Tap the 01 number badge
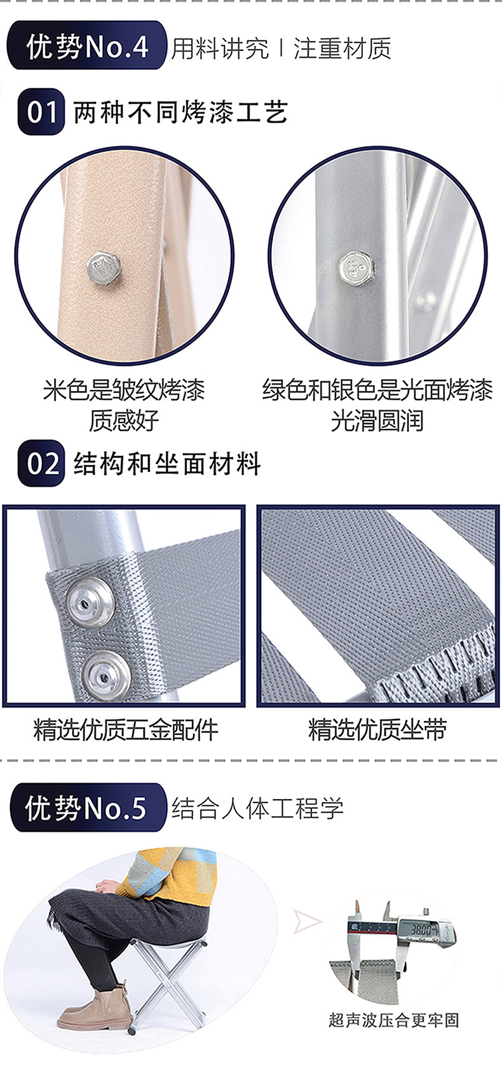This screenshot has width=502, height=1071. point(41,111)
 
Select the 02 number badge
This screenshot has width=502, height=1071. point(41,463)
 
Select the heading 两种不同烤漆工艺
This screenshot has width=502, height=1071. point(180,112)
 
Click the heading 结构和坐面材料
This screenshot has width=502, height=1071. point(167,464)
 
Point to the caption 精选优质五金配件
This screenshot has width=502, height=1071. point(126,729)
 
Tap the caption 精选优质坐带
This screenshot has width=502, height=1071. point(377,729)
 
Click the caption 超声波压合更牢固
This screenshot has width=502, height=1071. point(394,1020)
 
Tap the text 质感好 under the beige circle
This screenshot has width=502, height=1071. point(124,421)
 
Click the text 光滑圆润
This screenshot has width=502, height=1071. point(377,421)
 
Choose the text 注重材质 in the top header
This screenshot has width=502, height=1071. point(343,48)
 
